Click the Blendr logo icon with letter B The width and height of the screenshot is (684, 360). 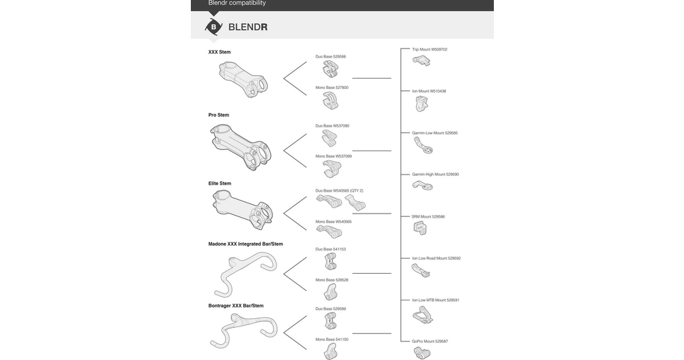click(x=213, y=27)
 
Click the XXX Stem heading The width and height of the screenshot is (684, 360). click(x=220, y=52)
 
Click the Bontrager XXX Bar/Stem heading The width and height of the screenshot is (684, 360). click(x=236, y=306)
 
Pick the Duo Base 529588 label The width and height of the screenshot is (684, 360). click(x=330, y=57)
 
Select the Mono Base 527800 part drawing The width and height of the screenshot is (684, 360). click(x=330, y=102)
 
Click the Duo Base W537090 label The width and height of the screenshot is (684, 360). click(x=332, y=126)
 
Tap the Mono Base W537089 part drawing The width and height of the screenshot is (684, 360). click(x=332, y=168)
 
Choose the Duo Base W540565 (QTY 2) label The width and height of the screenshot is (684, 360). click(x=339, y=191)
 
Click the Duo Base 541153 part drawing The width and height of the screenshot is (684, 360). click(x=330, y=261)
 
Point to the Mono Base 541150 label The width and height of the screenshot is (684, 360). click(x=332, y=339)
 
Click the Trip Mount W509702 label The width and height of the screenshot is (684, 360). click(x=430, y=49)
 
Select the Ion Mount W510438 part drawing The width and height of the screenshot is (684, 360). click(x=421, y=103)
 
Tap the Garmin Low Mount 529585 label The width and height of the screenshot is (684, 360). click(x=435, y=133)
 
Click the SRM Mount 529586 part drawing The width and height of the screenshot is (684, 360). click(x=420, y=228)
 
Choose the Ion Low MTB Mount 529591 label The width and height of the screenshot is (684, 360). click(x=436, y=300)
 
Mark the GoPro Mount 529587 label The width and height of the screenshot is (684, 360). click(x=430, y=341)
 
